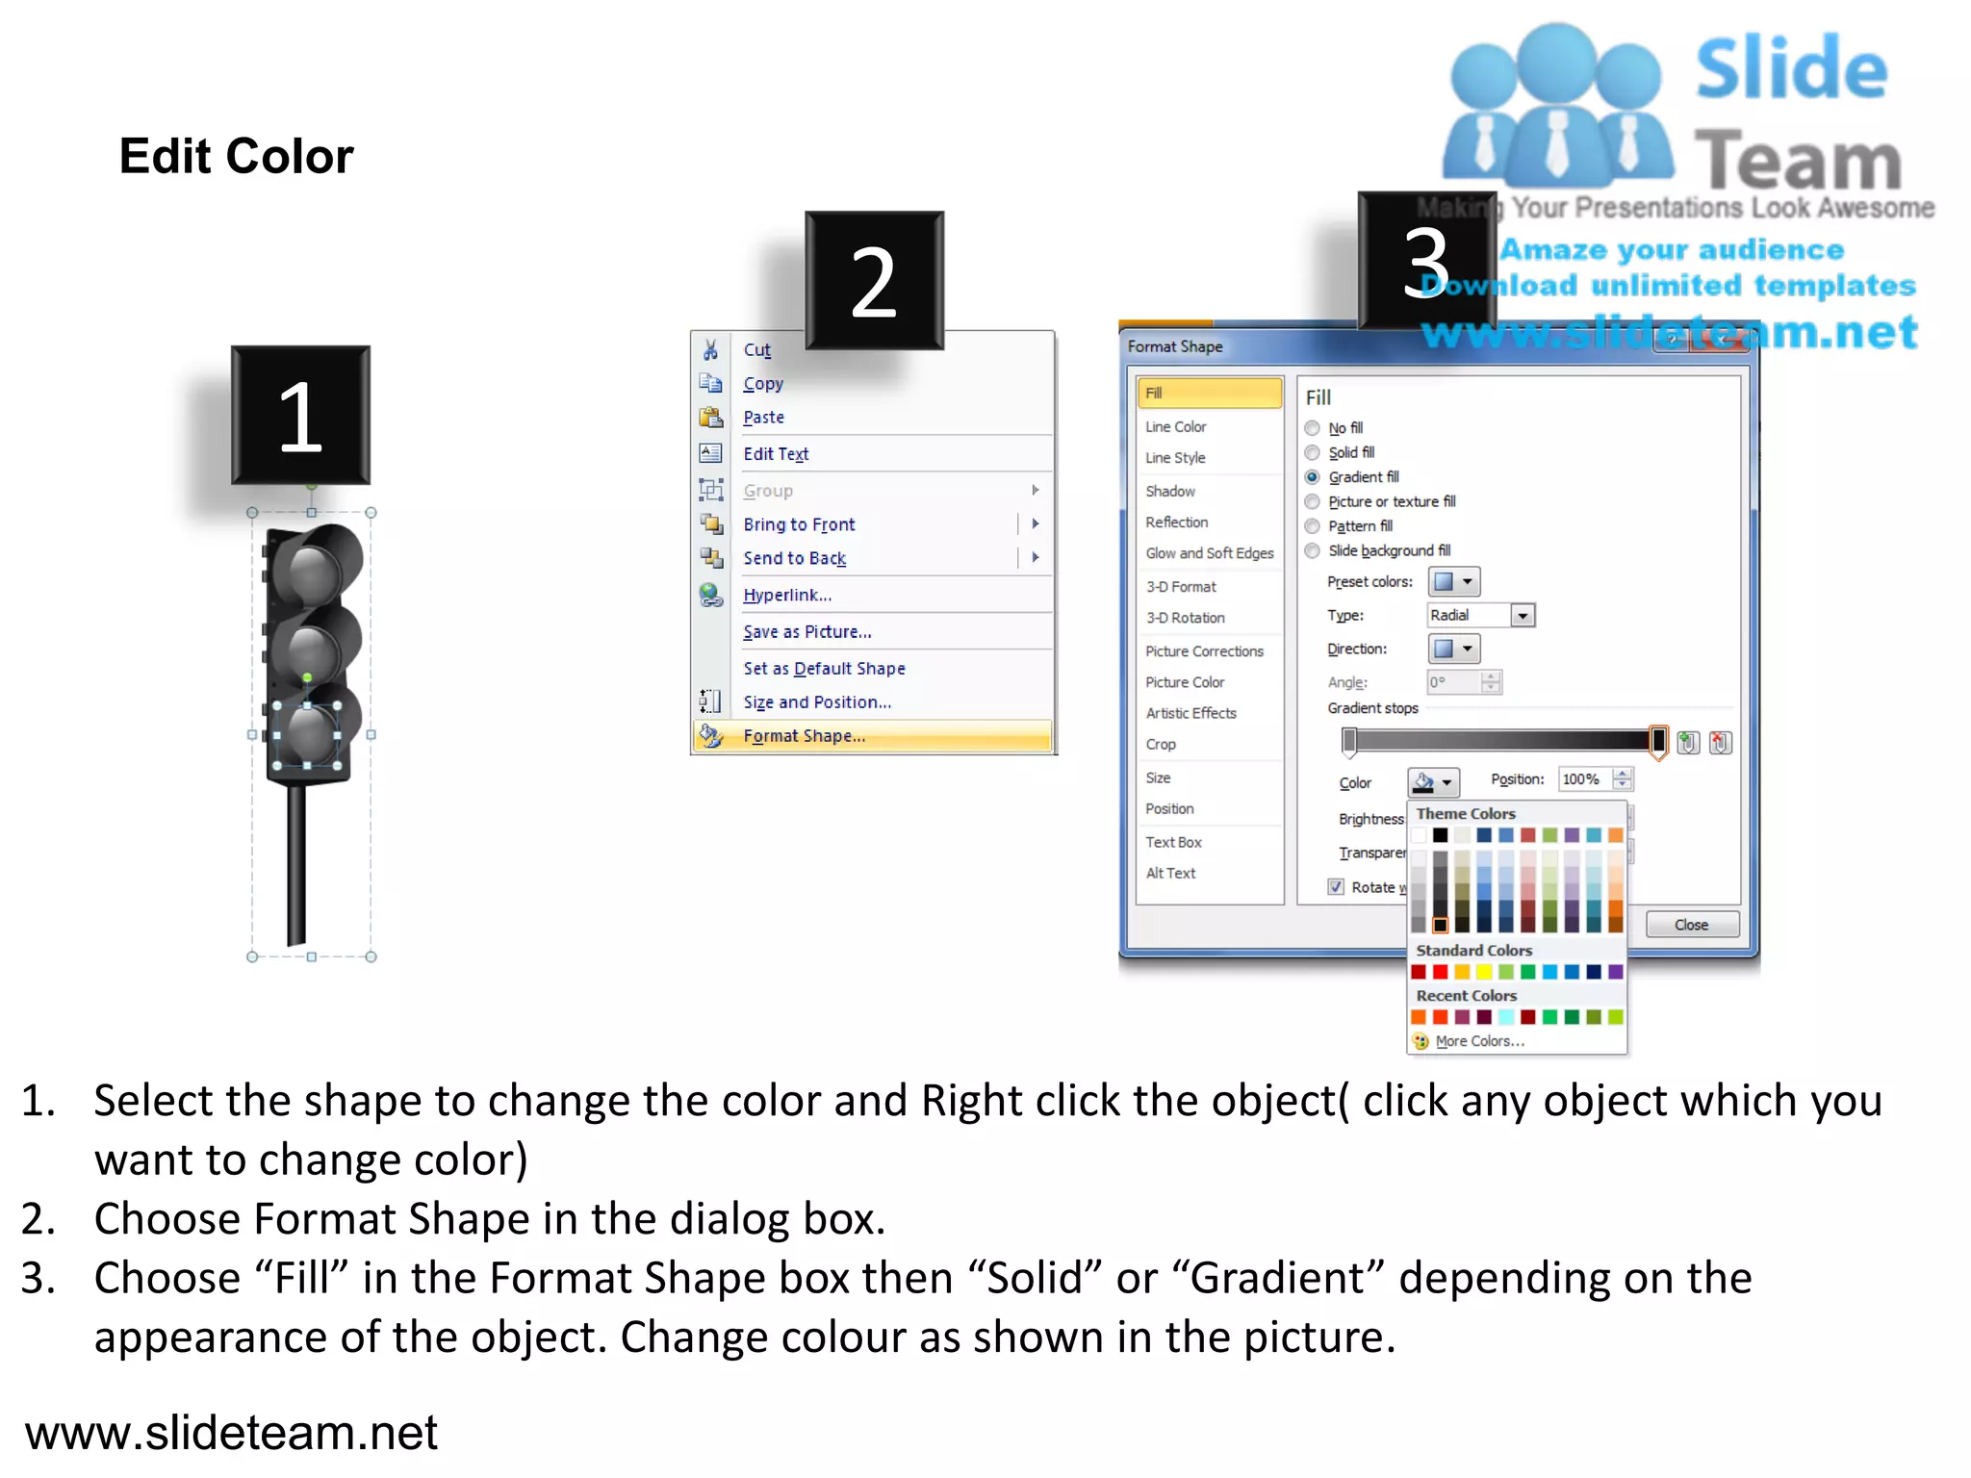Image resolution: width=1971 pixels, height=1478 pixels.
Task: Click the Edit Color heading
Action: click(236, 156)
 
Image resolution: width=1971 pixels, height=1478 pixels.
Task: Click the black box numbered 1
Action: click(300, 416)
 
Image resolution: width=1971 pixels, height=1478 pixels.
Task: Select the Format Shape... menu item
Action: click(804, 736)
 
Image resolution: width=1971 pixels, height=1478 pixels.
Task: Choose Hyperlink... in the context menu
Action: click(786, 595)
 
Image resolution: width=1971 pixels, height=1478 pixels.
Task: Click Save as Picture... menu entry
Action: click(806, 632)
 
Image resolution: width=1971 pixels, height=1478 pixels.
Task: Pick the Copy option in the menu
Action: click(762, 384)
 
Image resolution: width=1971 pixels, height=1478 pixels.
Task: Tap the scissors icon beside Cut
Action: click(710, 349)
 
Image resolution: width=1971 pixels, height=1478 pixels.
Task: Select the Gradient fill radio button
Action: click(1312, 477)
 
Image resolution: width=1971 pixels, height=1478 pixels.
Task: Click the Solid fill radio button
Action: click(1312, 452)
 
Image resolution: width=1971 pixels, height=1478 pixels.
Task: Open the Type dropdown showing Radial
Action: click(1522, 616)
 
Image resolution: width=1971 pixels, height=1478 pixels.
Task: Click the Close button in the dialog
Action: click(1691, 925)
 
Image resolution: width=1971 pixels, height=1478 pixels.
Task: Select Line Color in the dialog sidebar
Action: click(1175, 426)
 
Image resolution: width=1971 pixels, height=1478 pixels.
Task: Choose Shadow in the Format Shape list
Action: click(1169, 491)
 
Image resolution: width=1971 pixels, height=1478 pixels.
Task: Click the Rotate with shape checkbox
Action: click(1336, 887)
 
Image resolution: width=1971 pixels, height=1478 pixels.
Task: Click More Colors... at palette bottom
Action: click(1478, 1041)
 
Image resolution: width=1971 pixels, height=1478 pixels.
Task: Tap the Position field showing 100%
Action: click(1583, 779)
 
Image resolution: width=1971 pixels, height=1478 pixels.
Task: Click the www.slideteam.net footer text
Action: click(231, 1433)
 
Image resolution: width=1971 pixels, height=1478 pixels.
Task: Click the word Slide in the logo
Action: click(1790, 69)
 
